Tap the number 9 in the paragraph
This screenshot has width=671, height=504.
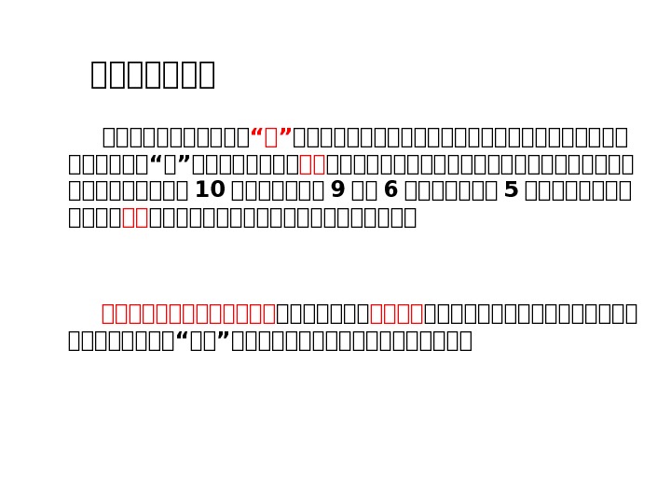338,191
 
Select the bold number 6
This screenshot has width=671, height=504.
390,191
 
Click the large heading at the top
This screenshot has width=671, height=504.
153,75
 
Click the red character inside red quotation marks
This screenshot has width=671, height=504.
272,138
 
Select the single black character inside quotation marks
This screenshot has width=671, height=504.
171,165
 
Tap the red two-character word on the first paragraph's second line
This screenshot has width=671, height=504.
312,165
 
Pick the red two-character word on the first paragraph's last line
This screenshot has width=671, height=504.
135,218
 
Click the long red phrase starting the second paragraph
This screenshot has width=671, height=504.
188,313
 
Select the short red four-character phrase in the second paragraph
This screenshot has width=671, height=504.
397,313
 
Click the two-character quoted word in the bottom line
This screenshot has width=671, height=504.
202,340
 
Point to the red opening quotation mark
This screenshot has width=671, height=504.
257,138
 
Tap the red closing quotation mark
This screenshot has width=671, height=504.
287,138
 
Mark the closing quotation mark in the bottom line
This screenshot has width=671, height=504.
224,340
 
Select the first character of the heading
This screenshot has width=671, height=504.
100,75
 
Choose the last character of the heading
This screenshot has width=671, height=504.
206,75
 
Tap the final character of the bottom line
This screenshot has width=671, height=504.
464,340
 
